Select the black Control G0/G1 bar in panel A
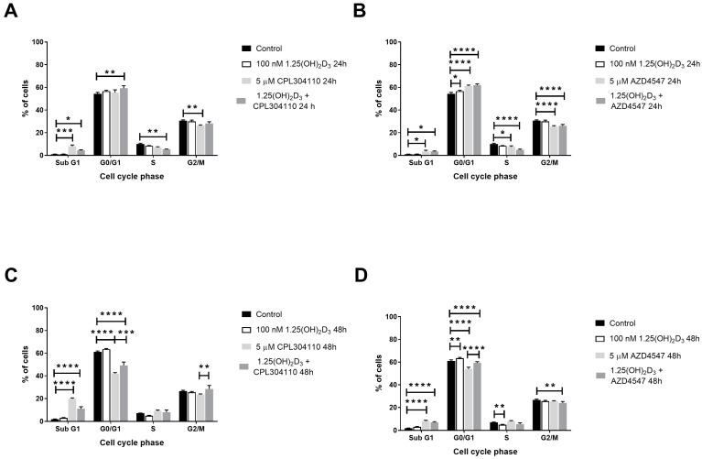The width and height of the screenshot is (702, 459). [97, 125]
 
